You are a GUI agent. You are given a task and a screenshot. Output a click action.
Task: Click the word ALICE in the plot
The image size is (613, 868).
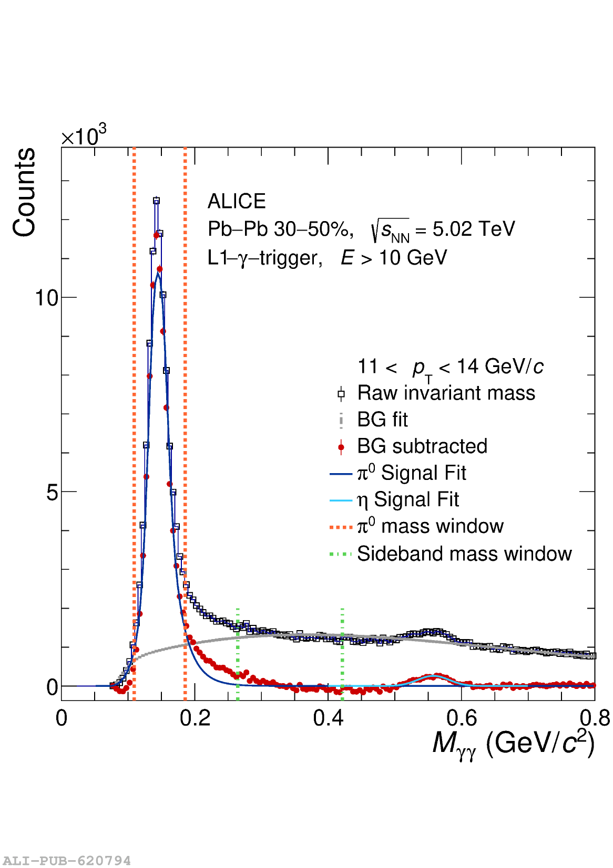tap(237, 202)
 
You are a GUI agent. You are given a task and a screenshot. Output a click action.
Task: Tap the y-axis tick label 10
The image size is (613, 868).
tap(46, 298)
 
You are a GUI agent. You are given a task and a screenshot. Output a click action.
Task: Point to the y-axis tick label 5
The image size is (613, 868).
tap(52, 493)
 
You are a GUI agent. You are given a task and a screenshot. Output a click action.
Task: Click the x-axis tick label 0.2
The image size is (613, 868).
tap(195, 718)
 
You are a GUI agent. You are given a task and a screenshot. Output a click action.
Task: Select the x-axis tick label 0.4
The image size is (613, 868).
tap(328, 718)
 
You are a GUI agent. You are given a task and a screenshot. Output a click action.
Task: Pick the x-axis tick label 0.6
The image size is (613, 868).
tap(462, 718)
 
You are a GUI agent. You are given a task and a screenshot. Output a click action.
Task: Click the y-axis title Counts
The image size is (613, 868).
tap(24, 192)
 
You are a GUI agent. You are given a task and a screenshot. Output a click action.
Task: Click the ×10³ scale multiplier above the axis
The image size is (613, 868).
tap(84, 136)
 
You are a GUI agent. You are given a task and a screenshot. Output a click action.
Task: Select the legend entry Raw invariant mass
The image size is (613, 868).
tap(446, 393)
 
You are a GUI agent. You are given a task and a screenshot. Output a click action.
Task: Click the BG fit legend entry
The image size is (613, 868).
tap(382, 420)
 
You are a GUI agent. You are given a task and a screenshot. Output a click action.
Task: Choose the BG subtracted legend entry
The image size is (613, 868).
tap(422, 446)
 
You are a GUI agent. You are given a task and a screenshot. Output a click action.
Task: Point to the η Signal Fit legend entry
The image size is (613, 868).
tap(408, 500)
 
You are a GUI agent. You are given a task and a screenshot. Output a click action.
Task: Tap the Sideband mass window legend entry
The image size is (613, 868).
tap(464, 554)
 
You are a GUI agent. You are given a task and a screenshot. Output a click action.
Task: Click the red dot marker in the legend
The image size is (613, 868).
tap(341, 447)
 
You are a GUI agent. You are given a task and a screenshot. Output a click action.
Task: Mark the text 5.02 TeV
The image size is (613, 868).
tap(474, 229)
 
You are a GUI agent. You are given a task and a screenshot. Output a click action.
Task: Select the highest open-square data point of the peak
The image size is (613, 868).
tap(156, 201)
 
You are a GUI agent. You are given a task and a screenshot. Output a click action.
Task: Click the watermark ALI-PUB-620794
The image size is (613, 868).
tap(66, 861)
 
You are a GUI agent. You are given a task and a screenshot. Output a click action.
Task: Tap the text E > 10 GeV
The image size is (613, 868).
tap(394, 258)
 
